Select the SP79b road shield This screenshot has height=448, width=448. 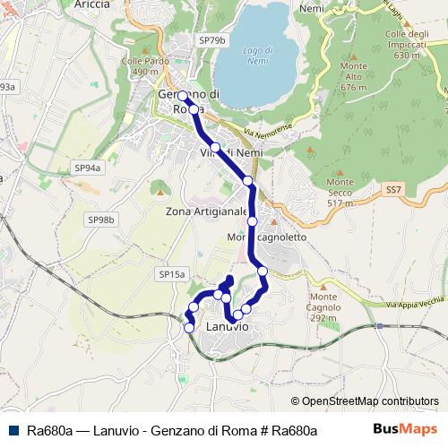[212, 41]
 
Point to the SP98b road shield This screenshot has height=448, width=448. [102, 220]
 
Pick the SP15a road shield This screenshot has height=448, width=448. [171, 273]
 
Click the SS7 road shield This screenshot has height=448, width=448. [393, 190]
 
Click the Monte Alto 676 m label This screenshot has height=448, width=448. [355, 77]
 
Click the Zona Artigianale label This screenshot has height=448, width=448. [206, 212]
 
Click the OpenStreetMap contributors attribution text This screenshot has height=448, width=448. [365, 401]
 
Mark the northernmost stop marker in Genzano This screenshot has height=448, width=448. [182, 95]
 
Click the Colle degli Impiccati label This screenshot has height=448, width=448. [402, 44]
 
